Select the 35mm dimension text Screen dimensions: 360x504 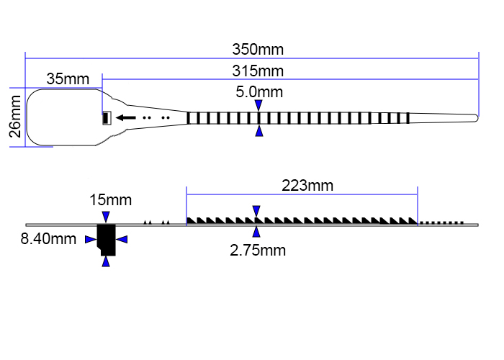tap(68, 78)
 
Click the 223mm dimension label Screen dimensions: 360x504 tap(307, 185)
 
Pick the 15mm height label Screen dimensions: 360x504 tap(111, 199)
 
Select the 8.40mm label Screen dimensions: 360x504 tap(48, 239)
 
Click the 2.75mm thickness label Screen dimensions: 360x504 tap(258, 251)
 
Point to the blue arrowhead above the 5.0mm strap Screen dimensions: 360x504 tap(258, 105)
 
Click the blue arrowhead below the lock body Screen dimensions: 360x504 tap(107, 261)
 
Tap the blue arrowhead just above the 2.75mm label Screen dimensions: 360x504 tap(257, 232)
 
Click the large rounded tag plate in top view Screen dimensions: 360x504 tap(61, 117)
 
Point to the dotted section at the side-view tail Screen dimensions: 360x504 tap(442, 222)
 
